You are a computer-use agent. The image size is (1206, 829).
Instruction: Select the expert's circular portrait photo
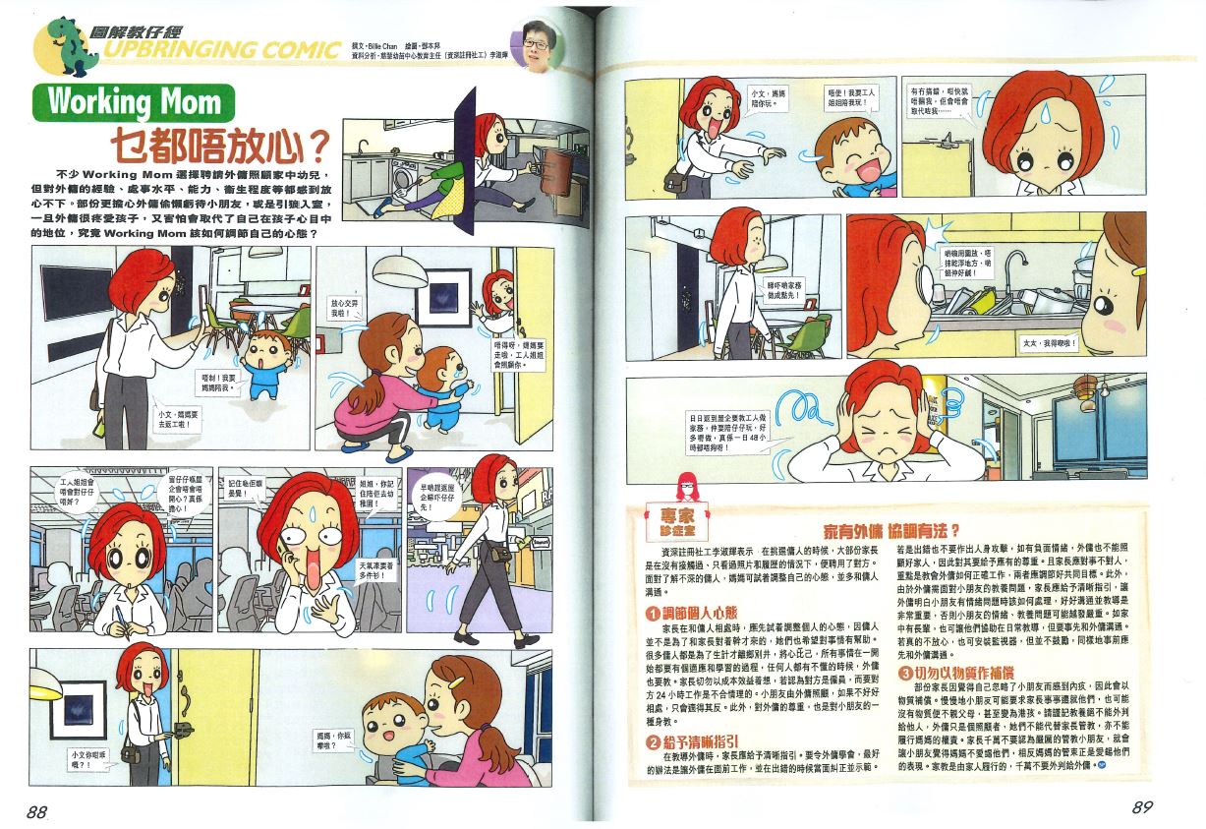pyautogui.click(x=536, y=44)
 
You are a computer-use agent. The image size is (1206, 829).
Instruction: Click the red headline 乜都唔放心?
pyautogui.click(x=218, y=146)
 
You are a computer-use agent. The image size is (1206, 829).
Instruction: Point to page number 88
pyautogui.click(x=37, y=810)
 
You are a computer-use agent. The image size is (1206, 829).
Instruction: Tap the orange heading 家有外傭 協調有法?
pyautogui.click(x=884, y=528)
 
